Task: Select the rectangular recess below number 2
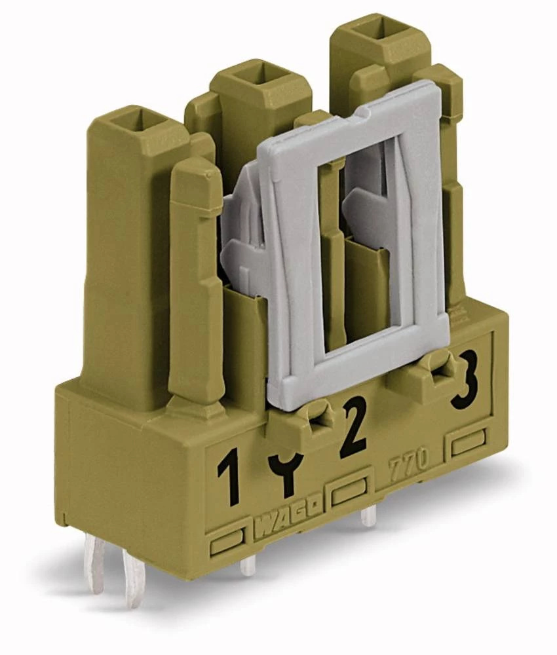(349, 493)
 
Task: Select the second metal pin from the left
(134, 576)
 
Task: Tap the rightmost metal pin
(368, 517)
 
